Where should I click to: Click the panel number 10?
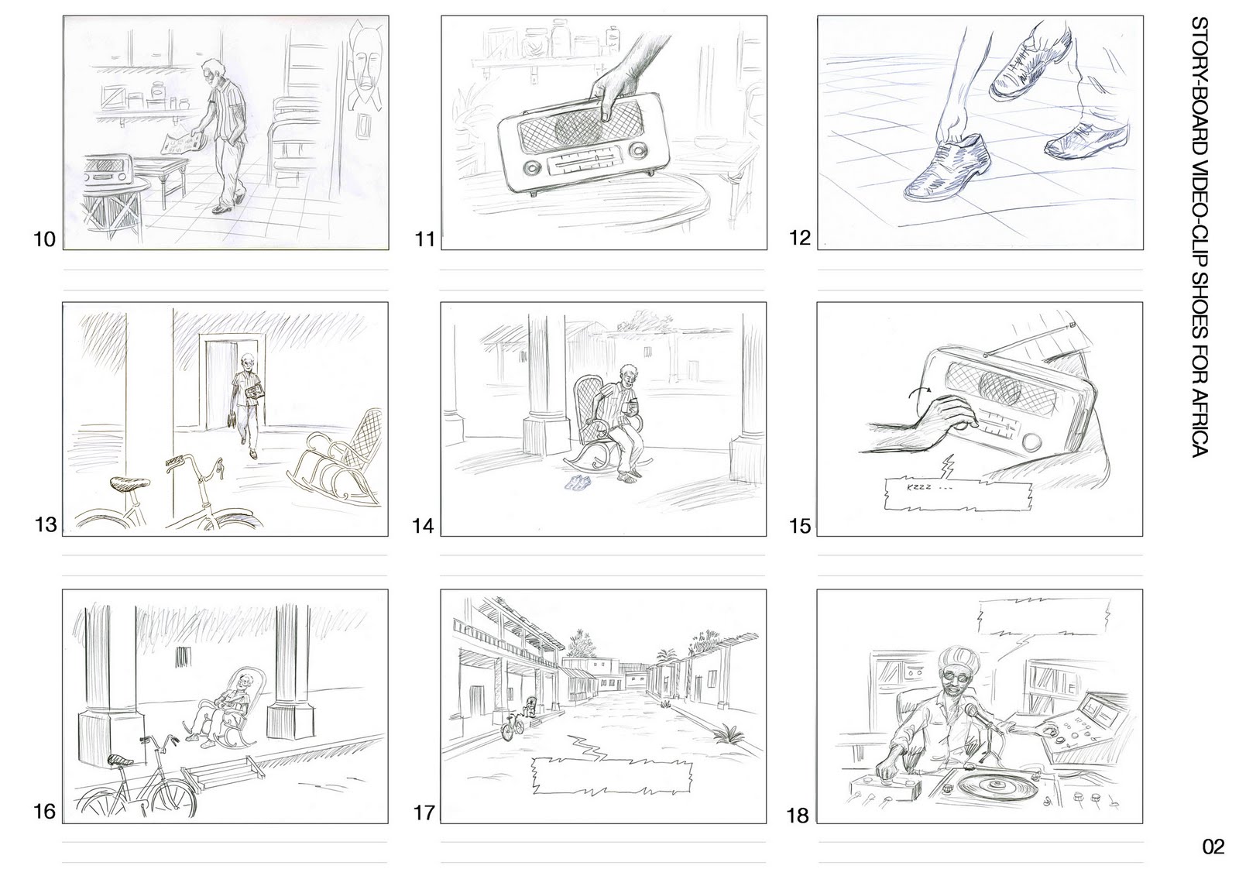click(x=45, y=239)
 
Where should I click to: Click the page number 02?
click(x=1213, y=847)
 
